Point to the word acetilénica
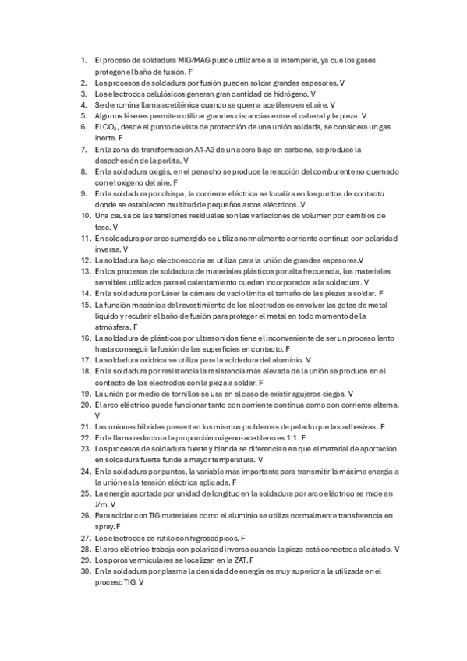(172, 104)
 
